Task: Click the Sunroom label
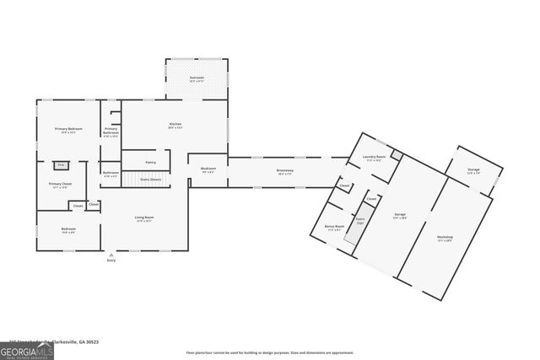(x=197, y=78)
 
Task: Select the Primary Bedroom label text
(x=67, y=131)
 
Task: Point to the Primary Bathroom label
(x=111, y=132)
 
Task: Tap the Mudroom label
(x=208, y=169)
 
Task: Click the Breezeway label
(x=285, y=172)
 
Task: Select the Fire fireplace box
(x=60, y=165)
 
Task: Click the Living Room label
(x=144, y=219)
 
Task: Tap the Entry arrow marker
(x=111, y=254)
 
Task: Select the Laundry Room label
(x=375, y=159)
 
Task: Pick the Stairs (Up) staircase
(x=359, y=222)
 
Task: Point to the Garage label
(x=400, y=215)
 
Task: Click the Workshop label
(x=445, y=238)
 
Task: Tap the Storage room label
(x=473, y=171)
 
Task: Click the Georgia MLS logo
(x=27, y=349)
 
